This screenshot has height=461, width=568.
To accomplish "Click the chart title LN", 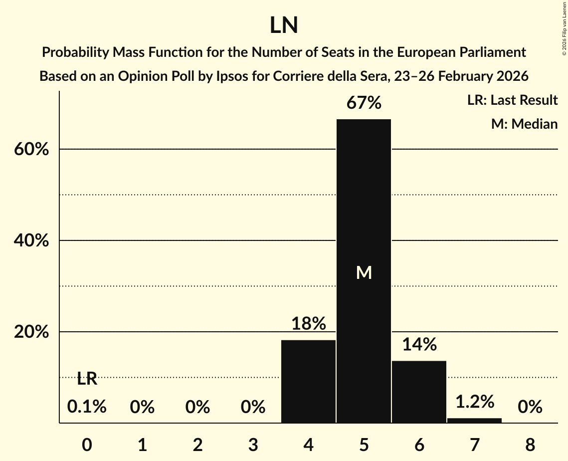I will [x=284, y=25].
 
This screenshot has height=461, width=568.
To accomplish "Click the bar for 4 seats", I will [x=308, y=381].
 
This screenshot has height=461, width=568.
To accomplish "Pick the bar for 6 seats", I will [x=419, y=392].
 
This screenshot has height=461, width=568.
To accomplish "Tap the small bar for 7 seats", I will [x=474, y=420].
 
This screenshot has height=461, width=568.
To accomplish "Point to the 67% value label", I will [x=364, y=103].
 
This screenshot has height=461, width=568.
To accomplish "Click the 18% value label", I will [x=309, y=324].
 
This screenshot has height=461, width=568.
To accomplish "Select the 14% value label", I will [x=419, y=344].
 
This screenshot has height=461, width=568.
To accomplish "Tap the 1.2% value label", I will [x=474, y=401].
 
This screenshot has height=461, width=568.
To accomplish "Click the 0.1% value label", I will [x=87, y=407].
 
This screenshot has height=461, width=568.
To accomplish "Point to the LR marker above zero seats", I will [x=87, y=379].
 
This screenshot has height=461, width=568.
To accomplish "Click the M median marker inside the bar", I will [x=364, y=272].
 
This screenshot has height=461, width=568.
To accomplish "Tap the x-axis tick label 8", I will [x=530, y=445].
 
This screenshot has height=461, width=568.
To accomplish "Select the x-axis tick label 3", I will [x=253, y=445].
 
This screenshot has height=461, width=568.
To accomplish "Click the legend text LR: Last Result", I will [x=512, y=100].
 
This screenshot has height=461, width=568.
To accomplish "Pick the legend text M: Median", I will [x=524, y=124].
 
